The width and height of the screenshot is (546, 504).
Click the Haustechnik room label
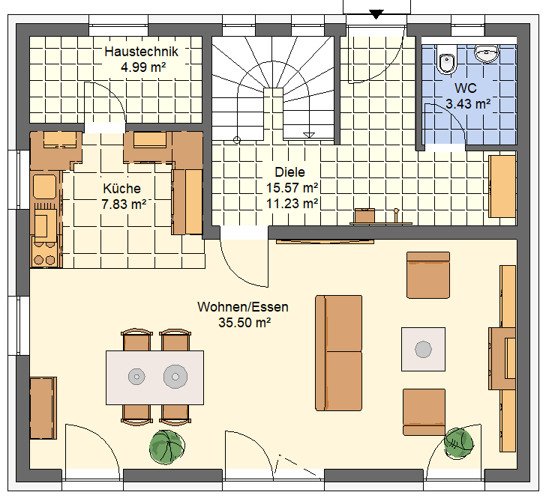click(141, 52)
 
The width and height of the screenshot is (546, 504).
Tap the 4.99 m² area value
click(143, 67)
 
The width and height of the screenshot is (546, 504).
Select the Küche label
click(121, 189)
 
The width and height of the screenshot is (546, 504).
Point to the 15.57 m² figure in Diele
click(292, 188)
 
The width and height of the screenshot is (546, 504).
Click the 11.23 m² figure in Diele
click(292, 204)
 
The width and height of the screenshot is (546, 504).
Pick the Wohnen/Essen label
click(243, 307)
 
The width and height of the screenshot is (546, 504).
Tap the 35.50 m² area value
click(244, 323)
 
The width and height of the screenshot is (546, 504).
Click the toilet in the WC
click(446, 60)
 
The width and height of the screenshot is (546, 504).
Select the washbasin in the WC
click(487, 54)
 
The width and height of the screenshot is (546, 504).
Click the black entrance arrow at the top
click(376, 14)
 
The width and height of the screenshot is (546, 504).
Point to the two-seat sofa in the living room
click(338, 353)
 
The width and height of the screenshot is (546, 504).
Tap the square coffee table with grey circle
click(423, 349)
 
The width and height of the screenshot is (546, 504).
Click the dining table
click(154, 377)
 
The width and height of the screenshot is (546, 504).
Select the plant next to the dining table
click(166, 447)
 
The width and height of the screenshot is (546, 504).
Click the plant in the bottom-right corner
click(458, 444)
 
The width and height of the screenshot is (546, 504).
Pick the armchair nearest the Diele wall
click(428, 275)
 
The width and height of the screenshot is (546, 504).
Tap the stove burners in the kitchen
click(44, 260)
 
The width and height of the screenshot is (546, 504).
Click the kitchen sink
click(44, 186)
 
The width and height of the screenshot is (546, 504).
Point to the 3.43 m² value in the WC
click(468, 103)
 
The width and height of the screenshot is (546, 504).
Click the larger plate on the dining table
click(175, 377)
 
